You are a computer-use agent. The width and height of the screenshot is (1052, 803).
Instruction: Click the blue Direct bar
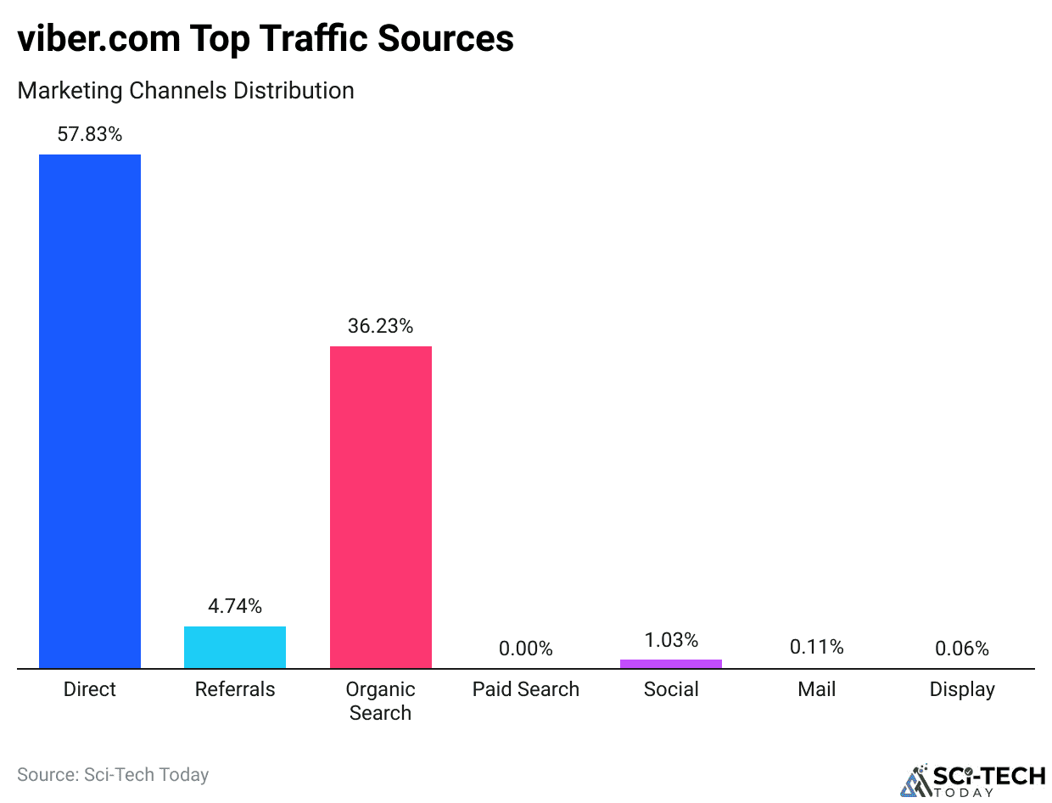click(90, 412)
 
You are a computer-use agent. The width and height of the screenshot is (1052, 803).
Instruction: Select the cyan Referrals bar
click(235, 648)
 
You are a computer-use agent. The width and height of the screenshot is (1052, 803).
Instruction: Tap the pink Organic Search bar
click(380, 507)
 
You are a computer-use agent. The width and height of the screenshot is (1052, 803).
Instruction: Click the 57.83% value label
click(90, 133)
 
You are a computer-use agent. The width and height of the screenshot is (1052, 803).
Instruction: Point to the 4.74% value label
click(235, 606)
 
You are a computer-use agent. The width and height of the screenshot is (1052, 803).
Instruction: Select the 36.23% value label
click(380, 326)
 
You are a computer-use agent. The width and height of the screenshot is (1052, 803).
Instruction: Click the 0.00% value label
click(525, 649)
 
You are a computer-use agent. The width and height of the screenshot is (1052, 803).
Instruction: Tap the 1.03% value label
click(671, 640)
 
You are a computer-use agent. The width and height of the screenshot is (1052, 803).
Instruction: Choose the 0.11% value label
click(816, 647)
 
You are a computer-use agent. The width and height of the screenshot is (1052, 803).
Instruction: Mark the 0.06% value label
click(962, 649)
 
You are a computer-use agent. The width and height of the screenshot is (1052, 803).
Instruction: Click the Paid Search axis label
click(525, 689)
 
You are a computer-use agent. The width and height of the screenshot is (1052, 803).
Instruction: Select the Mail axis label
click(816, 689)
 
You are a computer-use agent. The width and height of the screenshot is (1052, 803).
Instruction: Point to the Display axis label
click(962, 689)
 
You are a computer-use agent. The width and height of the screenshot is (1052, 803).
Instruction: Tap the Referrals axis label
click(235, 689)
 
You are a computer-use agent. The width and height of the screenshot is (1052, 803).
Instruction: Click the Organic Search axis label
click(380, 700)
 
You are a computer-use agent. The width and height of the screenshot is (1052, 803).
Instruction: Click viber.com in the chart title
click(92, 39)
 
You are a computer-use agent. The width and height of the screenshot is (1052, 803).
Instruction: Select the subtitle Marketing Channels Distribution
click(186, 90)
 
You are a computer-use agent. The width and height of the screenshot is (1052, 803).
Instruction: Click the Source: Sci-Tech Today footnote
click(113, 774)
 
